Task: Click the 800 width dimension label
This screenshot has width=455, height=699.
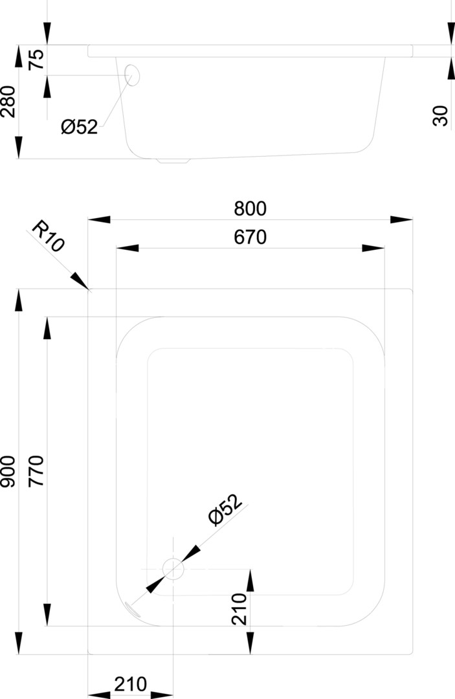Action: coord(250,208)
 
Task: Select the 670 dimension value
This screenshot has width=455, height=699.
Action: coord(250,238)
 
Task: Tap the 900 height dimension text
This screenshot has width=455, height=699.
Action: coord(8,472)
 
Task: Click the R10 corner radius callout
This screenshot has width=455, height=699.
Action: coord(49,237)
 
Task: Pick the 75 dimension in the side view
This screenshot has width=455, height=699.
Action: coord(37,60)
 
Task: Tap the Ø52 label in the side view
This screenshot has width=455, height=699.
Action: coord(80,127)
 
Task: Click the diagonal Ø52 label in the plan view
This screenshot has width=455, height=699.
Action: coord(225,509)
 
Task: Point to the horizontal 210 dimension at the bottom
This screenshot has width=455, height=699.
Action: coord(131,683)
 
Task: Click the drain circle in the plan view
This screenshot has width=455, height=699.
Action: coord(173,568)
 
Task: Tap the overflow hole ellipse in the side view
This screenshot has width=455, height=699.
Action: coord(132,75)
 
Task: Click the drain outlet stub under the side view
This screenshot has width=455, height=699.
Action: coord(173,161)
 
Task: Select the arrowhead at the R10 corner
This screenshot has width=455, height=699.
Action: coord(80,282)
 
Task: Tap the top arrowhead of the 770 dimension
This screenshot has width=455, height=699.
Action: coord(47,327)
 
